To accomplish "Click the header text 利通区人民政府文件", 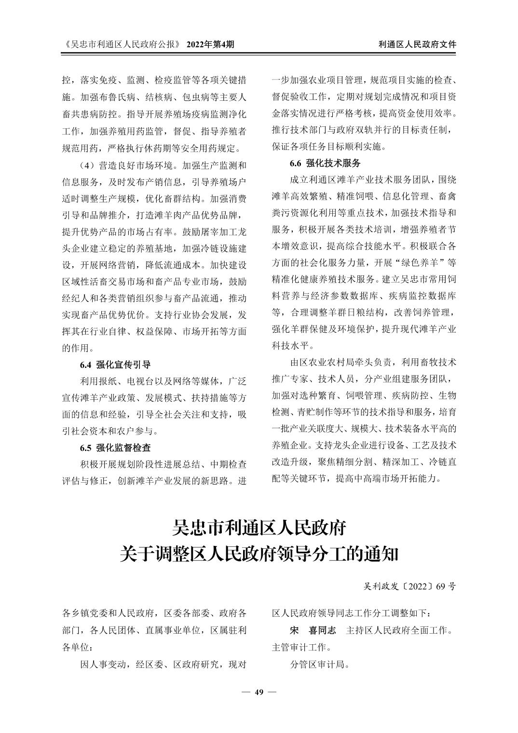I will click(x=417, y=44).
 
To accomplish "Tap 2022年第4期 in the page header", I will click(x=210, y=44).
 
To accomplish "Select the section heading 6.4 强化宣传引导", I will click(x=115, y=364).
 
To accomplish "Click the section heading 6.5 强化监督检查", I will click(x=115, y=448).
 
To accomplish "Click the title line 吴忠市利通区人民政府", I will click(x=259, y=528).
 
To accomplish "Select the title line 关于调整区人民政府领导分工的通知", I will click(x=259, y=554).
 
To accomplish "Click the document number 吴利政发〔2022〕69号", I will click(x=409, y=587).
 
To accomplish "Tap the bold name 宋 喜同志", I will click(x=313, y=630).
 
